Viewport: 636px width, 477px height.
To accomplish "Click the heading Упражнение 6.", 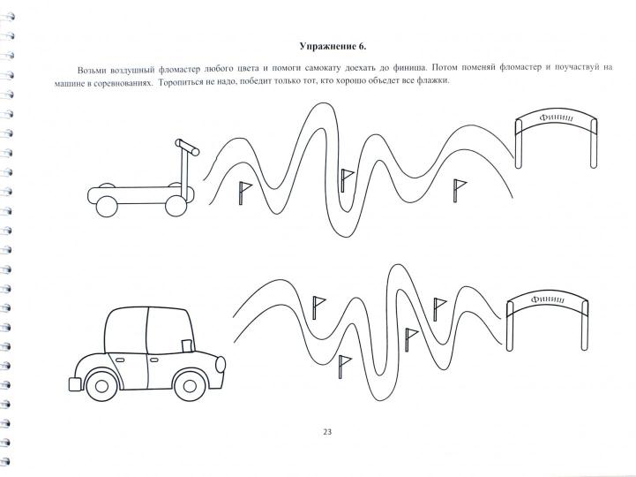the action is point(333,46).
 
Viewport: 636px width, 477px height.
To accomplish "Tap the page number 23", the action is point(327,432).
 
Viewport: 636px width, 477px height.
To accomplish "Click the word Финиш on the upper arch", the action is point(557,117).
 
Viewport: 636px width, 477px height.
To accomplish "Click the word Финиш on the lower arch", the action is point(548,299).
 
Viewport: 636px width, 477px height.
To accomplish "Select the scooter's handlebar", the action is point(187,148).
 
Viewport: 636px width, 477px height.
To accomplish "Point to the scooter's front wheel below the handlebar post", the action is point(176,206).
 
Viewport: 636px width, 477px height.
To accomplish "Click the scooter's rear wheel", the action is point(107,207).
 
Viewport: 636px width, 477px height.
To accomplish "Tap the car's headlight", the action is point(221,364).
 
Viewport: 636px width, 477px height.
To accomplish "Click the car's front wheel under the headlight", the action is point(190,386).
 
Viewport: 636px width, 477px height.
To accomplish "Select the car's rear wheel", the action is point(101,386).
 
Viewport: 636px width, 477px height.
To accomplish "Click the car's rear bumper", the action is point(75,384).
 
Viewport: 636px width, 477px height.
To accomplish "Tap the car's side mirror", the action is point(187,345).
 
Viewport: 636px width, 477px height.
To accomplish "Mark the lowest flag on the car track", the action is point(345,367).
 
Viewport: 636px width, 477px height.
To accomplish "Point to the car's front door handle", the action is point(154,360).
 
